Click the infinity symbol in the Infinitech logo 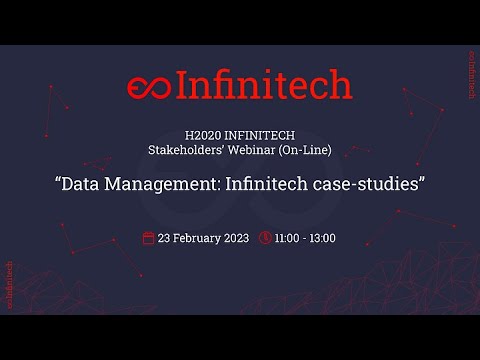pyautogui.click(x=150, y=87)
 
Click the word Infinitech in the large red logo pyautogui.click(x=264, y=86)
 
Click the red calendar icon pyautogui.click(x=149, y=238)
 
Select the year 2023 pyautogui.click(x=236, y=238)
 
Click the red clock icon pyautogui.click(x=265, y=238)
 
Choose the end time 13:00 pyautogui.click(x=321, y=238)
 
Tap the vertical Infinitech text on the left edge pyautogui.click(x=9, y=286)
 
